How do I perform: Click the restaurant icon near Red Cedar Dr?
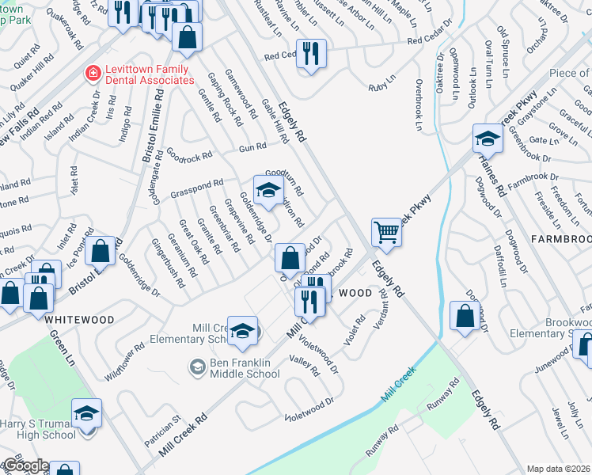[311, 54]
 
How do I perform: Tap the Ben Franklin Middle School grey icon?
[195, 366]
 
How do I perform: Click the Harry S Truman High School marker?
[86, 413]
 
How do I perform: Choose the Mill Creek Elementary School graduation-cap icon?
[242, 330]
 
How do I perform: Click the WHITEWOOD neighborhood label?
[79, 320]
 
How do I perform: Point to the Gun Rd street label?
[252, 148]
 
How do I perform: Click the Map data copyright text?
[559, 469]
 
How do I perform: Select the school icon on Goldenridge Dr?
[268, 189]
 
